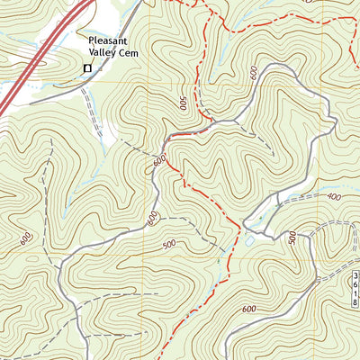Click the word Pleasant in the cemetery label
(112, 41)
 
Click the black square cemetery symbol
(87, 67)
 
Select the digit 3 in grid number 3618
(355, 277)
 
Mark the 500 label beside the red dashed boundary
(183, 104)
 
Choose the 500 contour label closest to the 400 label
(292, 238)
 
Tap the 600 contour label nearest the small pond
(245, 310)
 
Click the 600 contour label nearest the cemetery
(159, 161)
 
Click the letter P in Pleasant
(92, 41)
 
